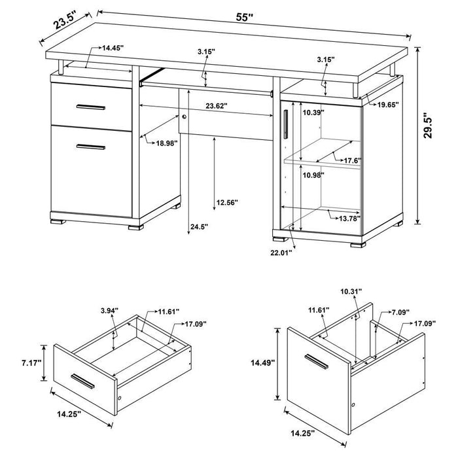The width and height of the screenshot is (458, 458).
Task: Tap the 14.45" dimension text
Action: click(113, 48)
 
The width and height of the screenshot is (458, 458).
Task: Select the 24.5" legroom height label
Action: click(198, 227)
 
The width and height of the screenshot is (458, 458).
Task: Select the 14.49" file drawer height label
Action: click(263, 362)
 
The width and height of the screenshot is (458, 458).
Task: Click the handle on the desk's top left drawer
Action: click(90, 107)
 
